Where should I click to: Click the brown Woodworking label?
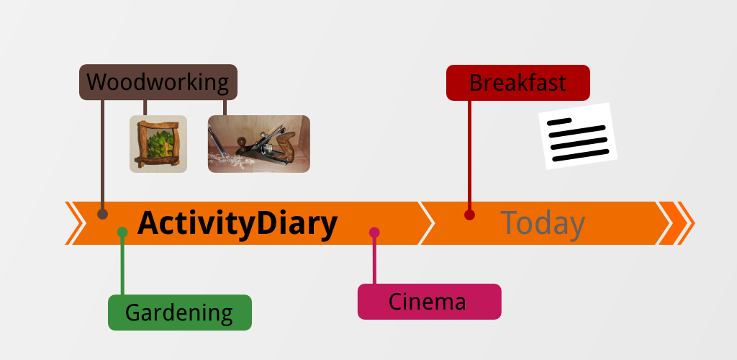tap(158, 82)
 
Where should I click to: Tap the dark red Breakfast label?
tap(518, 83)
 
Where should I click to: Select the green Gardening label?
tap(179, 312)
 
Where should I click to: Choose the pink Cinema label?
tap(429, 302)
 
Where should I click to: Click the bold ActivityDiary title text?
tap(238, 224)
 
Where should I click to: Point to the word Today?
tap(543, 223)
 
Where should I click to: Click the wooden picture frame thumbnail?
tap(158, 144)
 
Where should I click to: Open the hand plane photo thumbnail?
tap(259, 144)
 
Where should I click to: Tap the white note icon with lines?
tap(578, 136)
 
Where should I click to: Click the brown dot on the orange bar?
tap(102, 215)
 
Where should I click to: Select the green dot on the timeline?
tap(122, 232)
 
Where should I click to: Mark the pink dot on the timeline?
tap(374, 232)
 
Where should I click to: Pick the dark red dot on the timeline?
tap(469, 215)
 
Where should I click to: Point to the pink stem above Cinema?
tap(374, 258)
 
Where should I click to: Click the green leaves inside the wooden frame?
tap(159, 144)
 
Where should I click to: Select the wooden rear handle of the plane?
tap(284, 144)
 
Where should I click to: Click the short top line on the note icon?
tap(559, 121)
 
